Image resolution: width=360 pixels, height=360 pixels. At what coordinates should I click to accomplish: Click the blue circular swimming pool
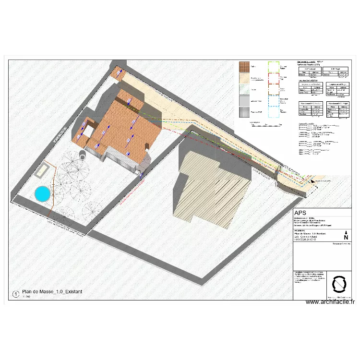coord(42,193)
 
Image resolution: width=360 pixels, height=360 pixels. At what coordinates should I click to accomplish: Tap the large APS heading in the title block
coord(301,213)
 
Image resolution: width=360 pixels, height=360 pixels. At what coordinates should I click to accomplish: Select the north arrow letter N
coord(346,236)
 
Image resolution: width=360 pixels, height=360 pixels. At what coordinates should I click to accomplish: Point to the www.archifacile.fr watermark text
coord(330,302)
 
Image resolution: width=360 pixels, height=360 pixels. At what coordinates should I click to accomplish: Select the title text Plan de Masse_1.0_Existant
coord(53,292)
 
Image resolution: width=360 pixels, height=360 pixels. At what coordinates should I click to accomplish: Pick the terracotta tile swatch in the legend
coord(245,67)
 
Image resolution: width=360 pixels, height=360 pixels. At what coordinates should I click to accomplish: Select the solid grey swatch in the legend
coord(245,100)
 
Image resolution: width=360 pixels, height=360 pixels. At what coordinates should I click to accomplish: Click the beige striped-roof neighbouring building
coord(214,187)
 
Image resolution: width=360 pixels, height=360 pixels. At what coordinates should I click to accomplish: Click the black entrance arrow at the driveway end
coord(313,181)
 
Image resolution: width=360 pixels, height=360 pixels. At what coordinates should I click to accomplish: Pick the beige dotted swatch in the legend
coord(245,78)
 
